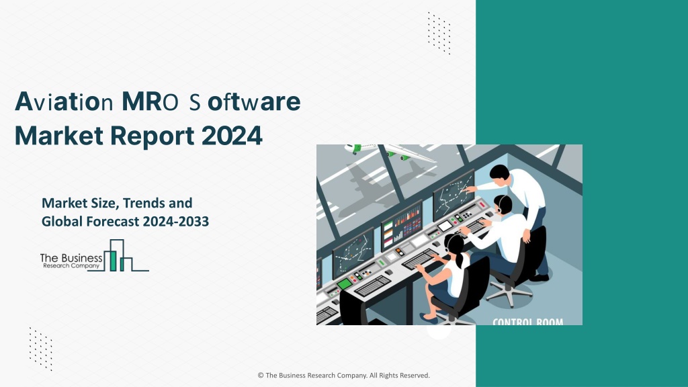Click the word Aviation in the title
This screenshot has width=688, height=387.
tap(64, 102)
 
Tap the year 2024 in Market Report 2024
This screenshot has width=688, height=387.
tap(232, 136)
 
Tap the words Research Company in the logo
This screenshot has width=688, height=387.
tap(71, 266)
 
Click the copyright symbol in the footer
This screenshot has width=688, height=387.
tap(261, 376)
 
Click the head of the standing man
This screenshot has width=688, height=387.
tap(499, 173)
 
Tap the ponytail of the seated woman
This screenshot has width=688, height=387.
tap(458, 260)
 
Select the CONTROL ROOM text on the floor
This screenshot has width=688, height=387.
tap(528, 322)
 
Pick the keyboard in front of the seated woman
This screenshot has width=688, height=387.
tap(419, 259)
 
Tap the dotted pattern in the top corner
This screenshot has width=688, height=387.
tap(439, 34)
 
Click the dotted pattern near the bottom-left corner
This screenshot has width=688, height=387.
tap(41, 349)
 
